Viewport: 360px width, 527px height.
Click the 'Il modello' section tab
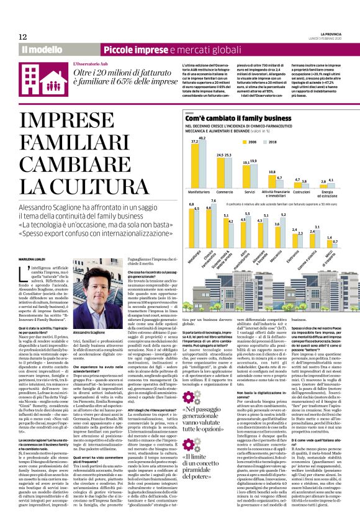pos(42,49)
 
